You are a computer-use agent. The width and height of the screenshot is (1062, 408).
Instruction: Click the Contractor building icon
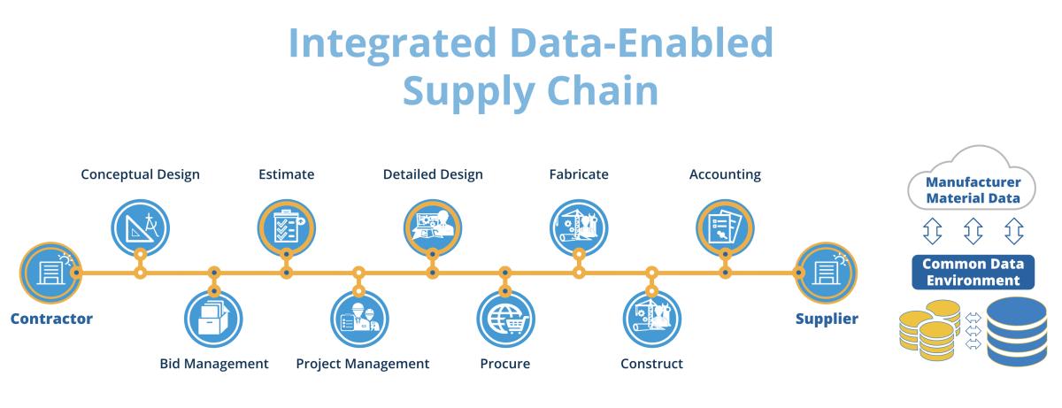point(50,273)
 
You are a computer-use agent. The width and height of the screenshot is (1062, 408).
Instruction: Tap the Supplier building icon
point(826,273)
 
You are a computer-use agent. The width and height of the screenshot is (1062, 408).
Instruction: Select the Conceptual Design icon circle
point(141,227)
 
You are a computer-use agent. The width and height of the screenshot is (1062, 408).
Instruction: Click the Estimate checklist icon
point(287,227)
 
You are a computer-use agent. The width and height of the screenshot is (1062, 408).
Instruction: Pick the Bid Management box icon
point(213,319)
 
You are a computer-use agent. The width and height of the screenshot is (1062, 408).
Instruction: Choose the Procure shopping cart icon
point(506,319)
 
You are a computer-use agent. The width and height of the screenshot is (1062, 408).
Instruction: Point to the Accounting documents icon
point(725,227)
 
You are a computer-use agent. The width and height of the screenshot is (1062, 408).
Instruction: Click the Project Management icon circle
point(359,319)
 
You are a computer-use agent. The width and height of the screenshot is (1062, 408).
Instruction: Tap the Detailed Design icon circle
point(433,227)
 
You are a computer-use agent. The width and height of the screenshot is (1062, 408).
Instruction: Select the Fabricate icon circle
point(579,227)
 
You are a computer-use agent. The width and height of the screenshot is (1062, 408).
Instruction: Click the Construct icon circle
point(652,319)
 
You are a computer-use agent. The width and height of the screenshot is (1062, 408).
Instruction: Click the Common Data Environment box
point(973,272)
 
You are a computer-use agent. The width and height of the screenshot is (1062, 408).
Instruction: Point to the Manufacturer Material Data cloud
point(972,178)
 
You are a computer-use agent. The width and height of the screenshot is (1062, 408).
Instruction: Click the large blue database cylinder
point(1017,331)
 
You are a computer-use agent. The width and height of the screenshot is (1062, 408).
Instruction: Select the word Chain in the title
point(603,90)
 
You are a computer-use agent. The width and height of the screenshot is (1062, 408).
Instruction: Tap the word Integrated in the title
point(392,43)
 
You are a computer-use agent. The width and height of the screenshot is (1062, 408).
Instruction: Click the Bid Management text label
point(214,364)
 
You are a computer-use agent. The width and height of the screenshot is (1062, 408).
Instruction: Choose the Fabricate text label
point(579,174)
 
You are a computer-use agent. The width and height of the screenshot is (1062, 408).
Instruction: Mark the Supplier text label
point(827,319)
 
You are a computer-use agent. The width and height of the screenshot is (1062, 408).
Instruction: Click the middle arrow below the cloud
point(973,231)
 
